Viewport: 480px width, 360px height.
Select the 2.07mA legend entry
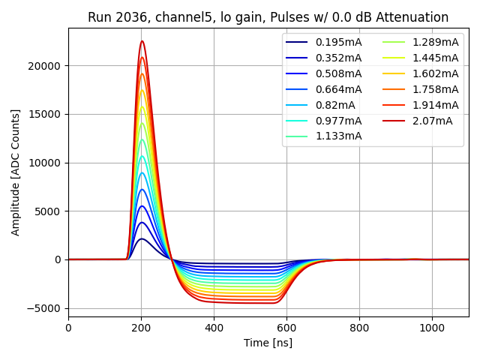point(432,121)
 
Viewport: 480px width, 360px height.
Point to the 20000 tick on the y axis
point(46,66)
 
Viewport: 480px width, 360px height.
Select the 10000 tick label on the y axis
point(46,163)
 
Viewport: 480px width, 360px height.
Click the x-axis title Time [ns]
point(268,343)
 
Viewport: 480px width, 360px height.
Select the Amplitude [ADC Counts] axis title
point(16,172)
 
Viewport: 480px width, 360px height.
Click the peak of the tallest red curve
point(142,41)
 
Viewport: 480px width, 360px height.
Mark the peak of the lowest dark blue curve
point(142,239)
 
